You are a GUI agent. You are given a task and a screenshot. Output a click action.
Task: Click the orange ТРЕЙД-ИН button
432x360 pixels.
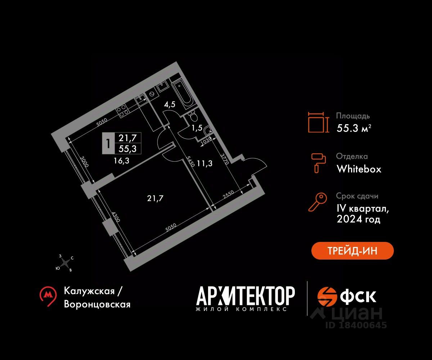click(352, 251)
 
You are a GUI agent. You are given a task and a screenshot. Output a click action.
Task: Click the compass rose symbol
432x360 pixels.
click(66, 263)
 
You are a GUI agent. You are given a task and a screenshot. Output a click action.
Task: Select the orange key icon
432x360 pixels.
click(318, 202)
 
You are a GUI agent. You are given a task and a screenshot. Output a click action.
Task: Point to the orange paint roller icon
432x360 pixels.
click(318, 163)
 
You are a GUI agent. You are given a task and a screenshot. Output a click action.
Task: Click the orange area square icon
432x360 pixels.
click(318, 122)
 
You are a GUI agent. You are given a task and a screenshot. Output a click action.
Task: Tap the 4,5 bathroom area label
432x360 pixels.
click(170, 104)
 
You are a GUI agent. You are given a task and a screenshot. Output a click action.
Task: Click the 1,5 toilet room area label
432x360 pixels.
click(197, 128)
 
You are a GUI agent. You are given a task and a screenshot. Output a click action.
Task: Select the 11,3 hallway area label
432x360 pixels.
click(204, 164)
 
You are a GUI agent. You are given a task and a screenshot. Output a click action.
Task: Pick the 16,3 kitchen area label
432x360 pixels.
click(121, 161)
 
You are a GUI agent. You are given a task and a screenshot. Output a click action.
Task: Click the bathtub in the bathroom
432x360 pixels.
click(183, 93)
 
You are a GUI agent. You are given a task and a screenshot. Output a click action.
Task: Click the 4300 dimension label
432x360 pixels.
click(116, 217)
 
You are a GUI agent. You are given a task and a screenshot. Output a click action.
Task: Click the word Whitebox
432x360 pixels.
click(359, 169)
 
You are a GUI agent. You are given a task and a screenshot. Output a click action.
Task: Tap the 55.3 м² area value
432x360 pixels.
click(354, 128)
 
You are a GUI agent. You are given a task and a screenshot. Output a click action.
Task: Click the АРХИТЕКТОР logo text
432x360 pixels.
click(246, 296)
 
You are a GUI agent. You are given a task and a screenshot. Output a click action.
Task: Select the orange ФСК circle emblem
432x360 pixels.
click(327, 297)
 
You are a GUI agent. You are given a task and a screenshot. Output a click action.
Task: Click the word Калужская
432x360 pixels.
click(89, 291)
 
